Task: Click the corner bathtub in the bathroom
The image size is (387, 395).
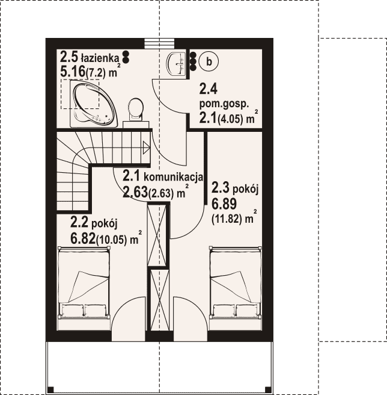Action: pyautogui.click(x=94, y=104)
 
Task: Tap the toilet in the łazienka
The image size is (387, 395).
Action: pyautogui.click(x=136, y=109)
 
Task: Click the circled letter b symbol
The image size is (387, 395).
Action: pyautogui.click(x=209, y=61)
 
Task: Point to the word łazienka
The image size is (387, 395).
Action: pyautogui.click(x=100, y=58)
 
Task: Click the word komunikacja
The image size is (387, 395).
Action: pyautogui.click(x=173, y=177)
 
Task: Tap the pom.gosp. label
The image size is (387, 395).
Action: pyautogui.click(x=224, y=104)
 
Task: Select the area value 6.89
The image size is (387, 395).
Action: pyautogui.click(x=224, y=204)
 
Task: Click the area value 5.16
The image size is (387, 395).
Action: pyautogui.click(x=73, y=72)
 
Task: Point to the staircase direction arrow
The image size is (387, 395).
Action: pyautogui.click(x=147, y=148)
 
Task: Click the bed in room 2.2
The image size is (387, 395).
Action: pyautogui.click(x=84, y=283)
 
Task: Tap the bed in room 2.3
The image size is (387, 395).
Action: pyautogui.click(x=236, y=283)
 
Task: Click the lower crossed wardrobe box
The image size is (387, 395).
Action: pyautogui.click(x=159, y=300)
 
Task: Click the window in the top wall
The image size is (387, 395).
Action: pyautogui.click(x=159, y=43)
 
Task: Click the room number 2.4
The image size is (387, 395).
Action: pyautogui.click(x=208, y=89)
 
